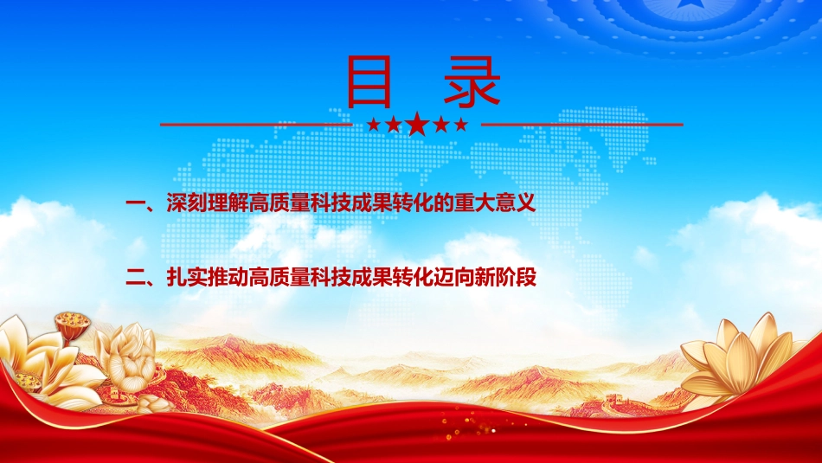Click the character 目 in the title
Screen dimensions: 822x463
coord(369,81)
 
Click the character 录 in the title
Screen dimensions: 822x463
coord(472,81)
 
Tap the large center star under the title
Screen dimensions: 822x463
coord(417,124)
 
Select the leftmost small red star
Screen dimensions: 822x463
coord(373,125)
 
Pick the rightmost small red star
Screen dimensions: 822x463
coord(461,125)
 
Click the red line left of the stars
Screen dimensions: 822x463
coord(256,125)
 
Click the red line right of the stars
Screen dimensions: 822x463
coord(582,125)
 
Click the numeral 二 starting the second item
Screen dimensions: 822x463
coord(136,278)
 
